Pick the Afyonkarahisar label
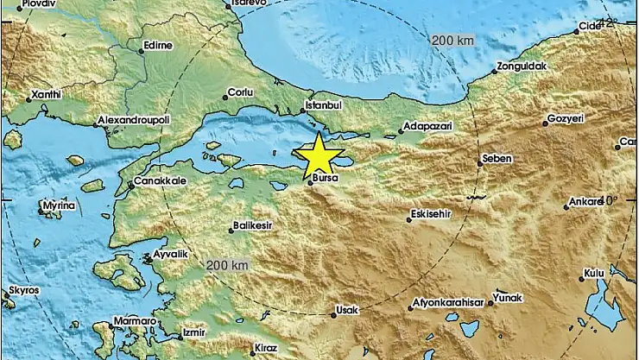click(x=446, y=304)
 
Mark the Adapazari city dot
click(x=401, y=133)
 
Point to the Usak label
click(x=345, y=308)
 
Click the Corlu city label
click(x=239, y=92)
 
